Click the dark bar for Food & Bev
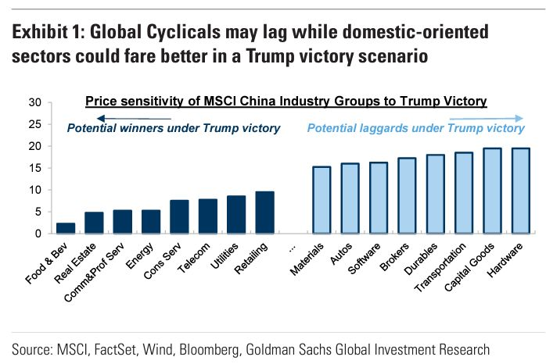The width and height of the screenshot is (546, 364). click(66, 228)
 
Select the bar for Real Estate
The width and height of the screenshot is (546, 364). click(94, 223)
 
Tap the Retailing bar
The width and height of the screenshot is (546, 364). click(265, 212)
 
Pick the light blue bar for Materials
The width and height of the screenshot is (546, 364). click(321, 200)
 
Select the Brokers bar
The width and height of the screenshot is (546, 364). click(407, 195)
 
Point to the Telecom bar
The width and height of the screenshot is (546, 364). click(208, 216)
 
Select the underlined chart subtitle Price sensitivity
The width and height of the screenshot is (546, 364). click(286, 102)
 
